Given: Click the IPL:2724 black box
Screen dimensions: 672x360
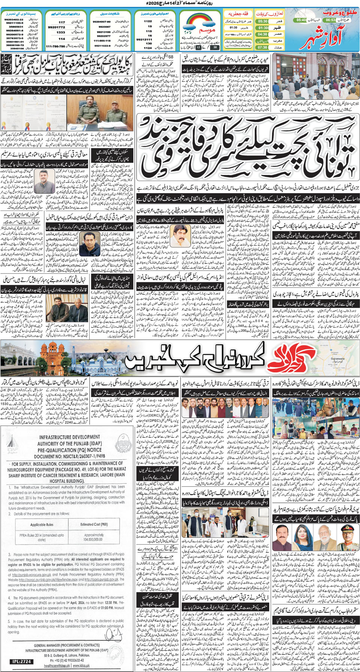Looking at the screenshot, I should pyautogui.click(x=21, y=662).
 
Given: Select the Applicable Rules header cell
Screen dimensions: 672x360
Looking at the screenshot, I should pyautogui.click(x=42, y=524).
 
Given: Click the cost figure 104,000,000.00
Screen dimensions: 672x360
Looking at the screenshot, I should pyautogui.click(x=94, y=539).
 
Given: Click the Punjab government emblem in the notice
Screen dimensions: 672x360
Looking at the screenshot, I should pyautogui.click(x=122, y=443).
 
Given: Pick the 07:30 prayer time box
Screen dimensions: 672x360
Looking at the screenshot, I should pyautogui.click(x=262, y=48).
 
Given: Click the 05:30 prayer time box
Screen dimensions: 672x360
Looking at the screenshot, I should pyautogui.click(x=262, y=21).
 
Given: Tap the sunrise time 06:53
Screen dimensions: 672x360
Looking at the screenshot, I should pyautogui.click(x=330, y=20).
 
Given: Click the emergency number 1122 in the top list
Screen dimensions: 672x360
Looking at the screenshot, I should pyautogui.click(x=148, y=21).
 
